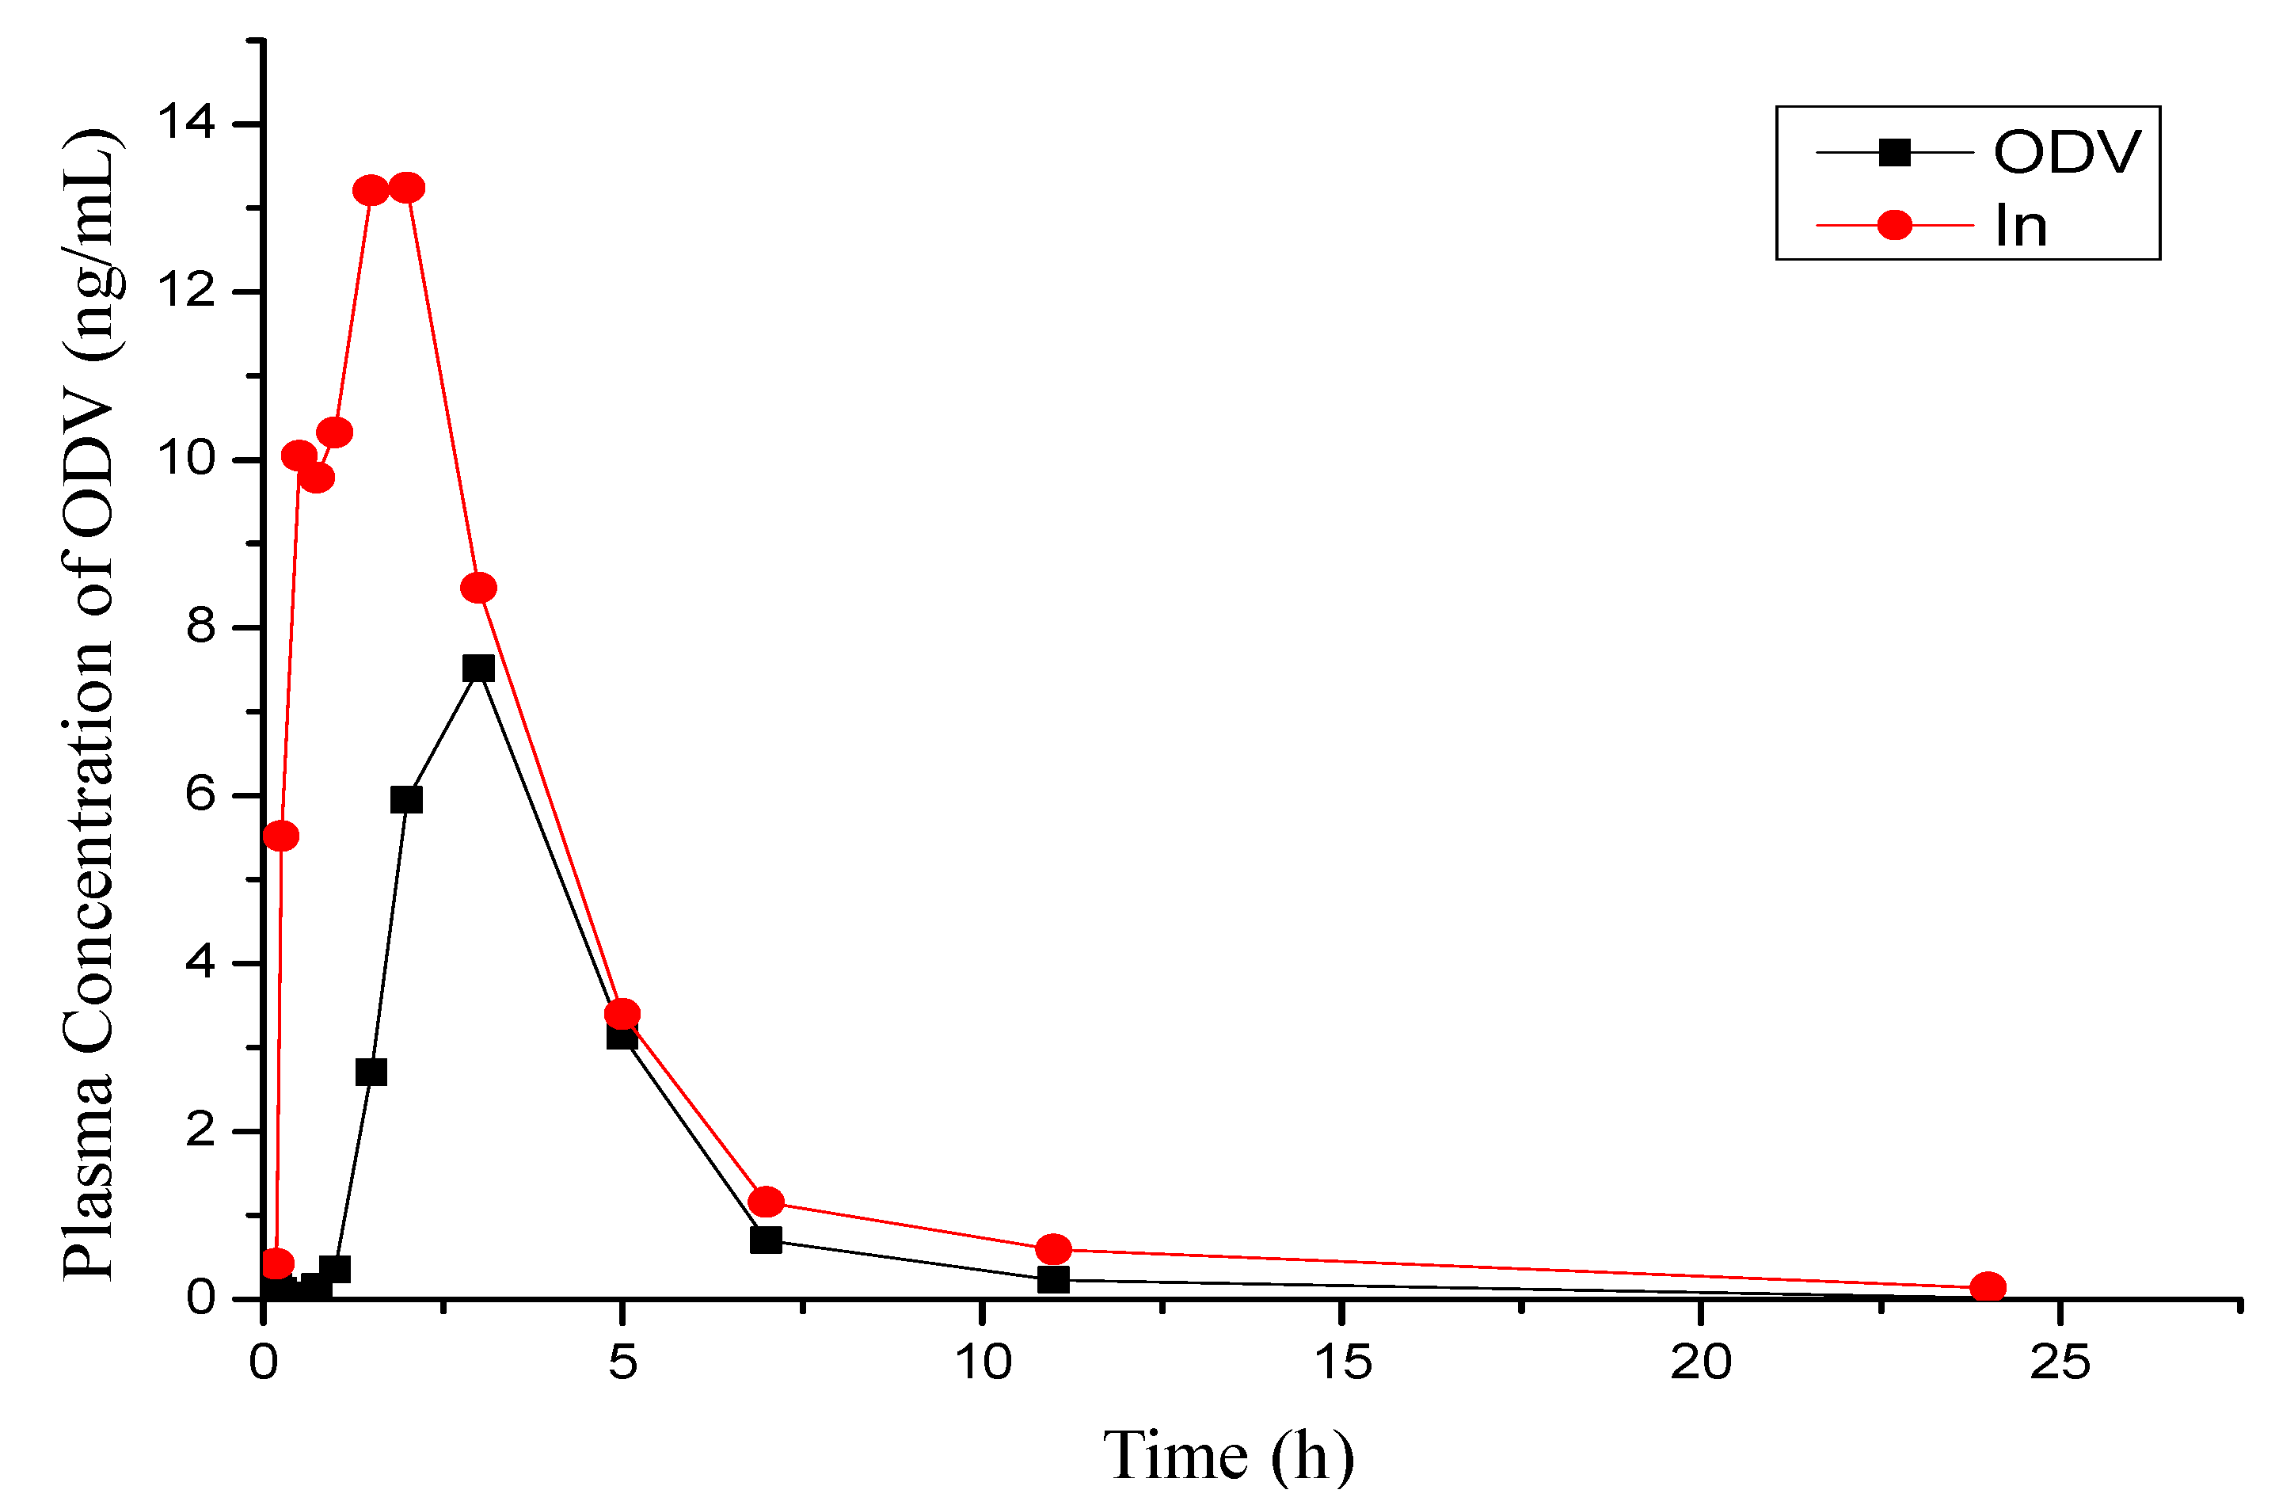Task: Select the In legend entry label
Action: pos(2020,227)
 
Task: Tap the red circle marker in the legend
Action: pos(1894,226)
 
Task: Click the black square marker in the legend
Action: pos(1894,153)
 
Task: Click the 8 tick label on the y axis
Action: pos(200,627)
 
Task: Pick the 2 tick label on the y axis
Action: pos(200,1130)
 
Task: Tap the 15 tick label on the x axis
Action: pos(1341,1363)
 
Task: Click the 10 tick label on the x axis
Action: pos(983,1363)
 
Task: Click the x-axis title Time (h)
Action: pos(1228,1456)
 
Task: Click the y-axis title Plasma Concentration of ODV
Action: pos(91,706)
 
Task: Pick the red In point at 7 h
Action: pos(766,1202)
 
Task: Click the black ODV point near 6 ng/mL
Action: pos(407,799)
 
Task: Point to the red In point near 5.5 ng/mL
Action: pos(280,836)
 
